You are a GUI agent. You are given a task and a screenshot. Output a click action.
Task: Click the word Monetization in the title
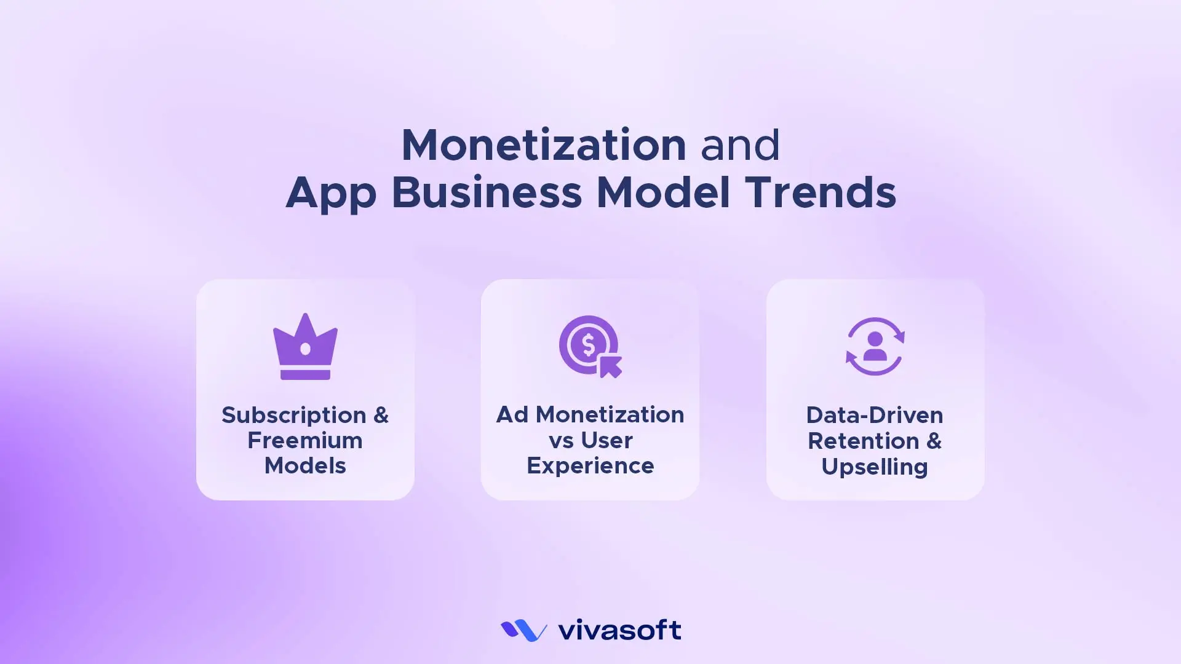[543, 145]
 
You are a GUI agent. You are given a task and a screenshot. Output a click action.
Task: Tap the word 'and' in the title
[740, 145]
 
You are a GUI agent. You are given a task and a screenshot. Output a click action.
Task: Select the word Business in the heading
[486, 192]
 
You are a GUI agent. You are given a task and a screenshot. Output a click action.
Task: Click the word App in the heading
[330, 194]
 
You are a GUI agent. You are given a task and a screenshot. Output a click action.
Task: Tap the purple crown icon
[305, 347]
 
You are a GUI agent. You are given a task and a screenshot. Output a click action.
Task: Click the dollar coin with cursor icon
[590, 347]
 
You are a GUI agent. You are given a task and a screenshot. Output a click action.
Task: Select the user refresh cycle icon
[875, 347]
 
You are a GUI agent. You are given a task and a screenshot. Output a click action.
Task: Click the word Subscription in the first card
[293, 416]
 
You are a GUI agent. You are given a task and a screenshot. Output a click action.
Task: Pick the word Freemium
[305, 441]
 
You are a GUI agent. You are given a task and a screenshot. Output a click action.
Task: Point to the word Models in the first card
[305, 466]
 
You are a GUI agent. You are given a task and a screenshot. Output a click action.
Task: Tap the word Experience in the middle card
[590, 466]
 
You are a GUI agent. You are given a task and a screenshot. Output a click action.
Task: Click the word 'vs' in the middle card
[561, 441]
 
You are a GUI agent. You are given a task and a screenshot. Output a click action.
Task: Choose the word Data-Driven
[875, 416]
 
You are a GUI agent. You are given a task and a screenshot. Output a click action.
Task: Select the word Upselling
[875, 467]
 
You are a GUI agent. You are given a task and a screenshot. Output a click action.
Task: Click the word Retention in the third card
[863, 441]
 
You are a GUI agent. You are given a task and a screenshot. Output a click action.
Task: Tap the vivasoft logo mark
[523, 630]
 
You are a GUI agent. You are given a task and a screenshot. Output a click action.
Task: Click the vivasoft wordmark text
[619, 630]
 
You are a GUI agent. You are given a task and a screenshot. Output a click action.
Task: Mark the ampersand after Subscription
[381, 416]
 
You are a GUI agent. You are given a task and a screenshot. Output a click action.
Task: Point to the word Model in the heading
[663, 192]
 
